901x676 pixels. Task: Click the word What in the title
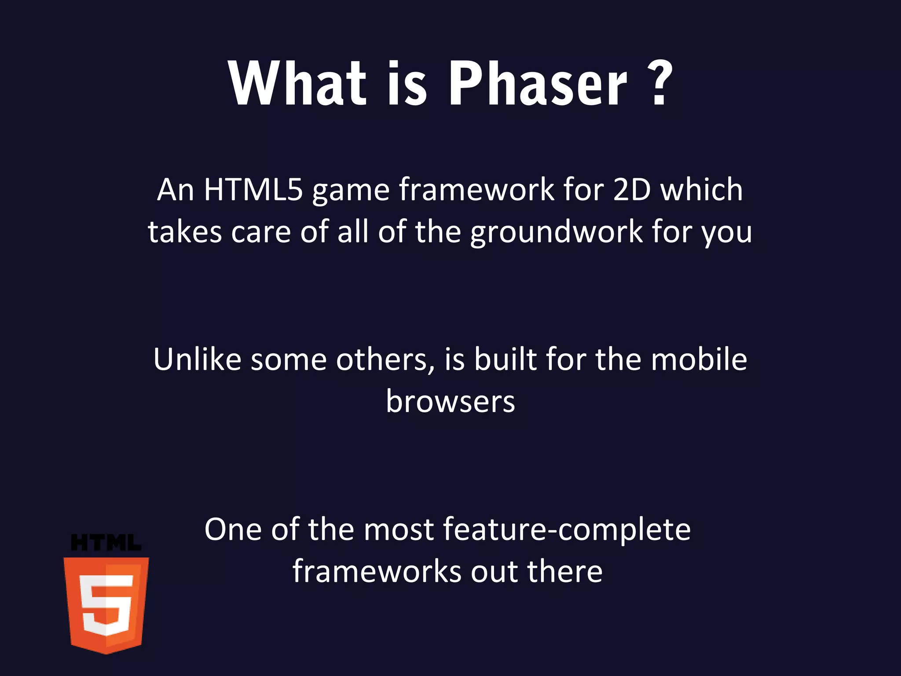[297, 84]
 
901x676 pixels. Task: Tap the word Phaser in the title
[537, 84]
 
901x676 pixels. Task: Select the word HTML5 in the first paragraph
[253, 190]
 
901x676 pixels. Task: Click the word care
[261, 232]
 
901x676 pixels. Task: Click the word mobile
[699, 359]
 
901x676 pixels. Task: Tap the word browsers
[450, 401]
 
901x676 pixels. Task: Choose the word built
[505, 359]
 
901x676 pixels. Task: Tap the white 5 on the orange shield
[106, 605]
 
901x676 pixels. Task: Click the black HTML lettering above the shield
[106, 543]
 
